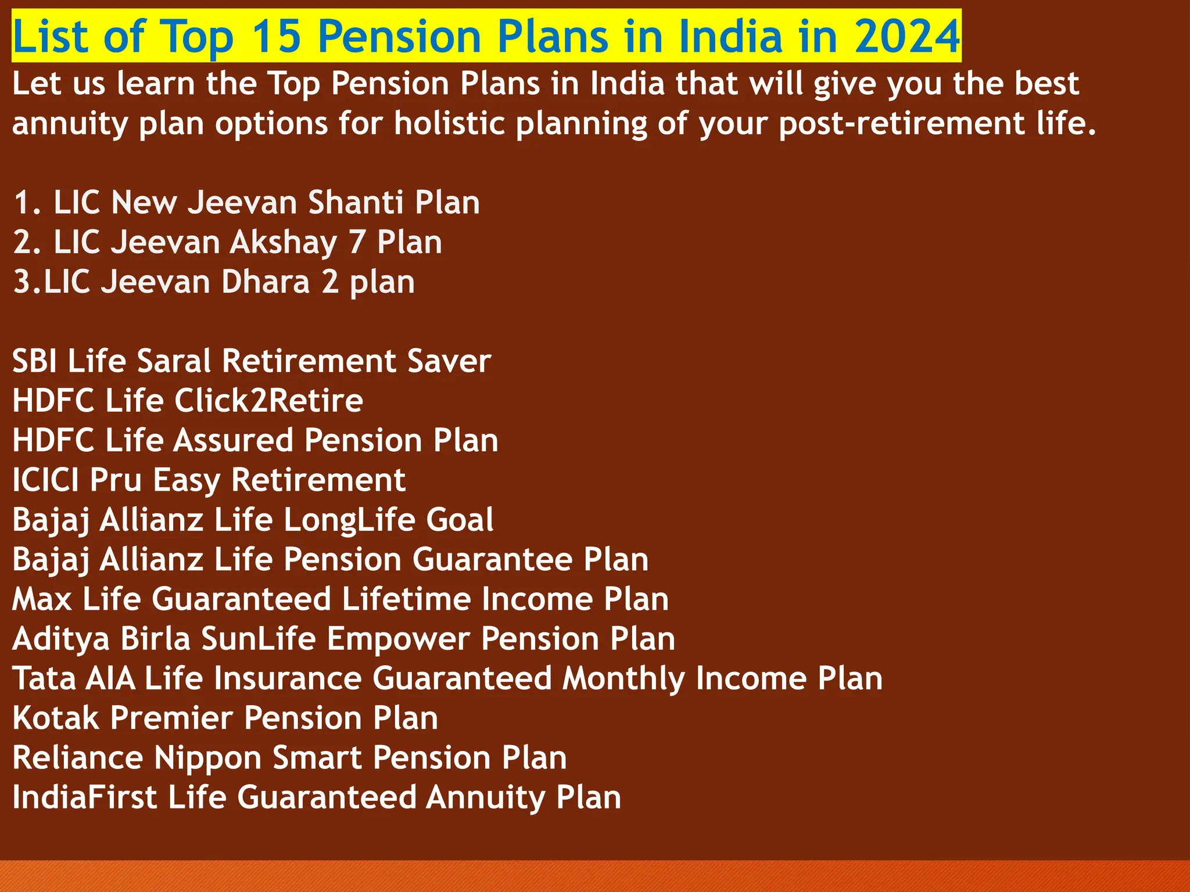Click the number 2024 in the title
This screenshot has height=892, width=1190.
(x=907, y=36)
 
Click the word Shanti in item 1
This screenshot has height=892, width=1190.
(x=356, y=203)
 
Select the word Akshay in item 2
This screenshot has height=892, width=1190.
(x=283, y=242)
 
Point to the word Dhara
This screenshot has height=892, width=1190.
(x=266, y=282)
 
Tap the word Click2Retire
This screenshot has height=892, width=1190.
(x=268, y=401)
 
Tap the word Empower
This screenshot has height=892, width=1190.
(x=398, y=639)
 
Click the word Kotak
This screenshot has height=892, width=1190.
(x=56, y=718)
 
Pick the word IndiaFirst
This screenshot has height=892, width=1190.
(x=84, y=797)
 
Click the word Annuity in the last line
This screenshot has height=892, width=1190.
(x=486, y=797)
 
